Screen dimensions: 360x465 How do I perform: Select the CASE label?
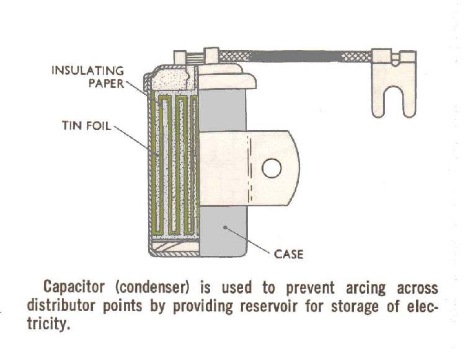coord(288,254)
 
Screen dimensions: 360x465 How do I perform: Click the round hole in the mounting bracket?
coord(272,168)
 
